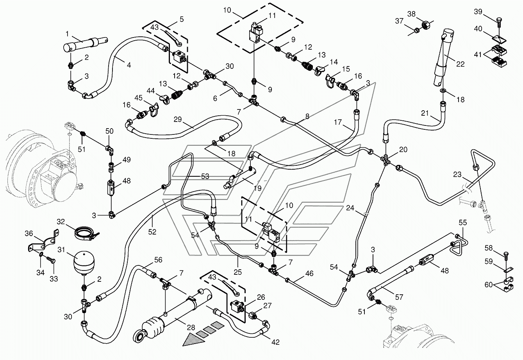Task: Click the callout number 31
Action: [x=61, y=250]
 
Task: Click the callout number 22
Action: [x=460, y=64]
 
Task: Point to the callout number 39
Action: [x=478, y=11]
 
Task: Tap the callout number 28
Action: [x=191, y=328]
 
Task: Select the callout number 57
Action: [x=399, y=297]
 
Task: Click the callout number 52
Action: [x=152, y=232]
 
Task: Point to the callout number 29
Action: [x=177, y=119]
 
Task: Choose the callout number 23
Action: [x=457, y=174]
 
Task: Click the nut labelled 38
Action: [x=426, y=24]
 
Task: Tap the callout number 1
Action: [x=67, y=34]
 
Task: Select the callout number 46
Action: [x=309, y=273]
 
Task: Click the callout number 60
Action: [x=489, y=285]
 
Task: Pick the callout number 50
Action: [x=109, y=131]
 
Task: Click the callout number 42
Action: [x=275, y=342]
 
